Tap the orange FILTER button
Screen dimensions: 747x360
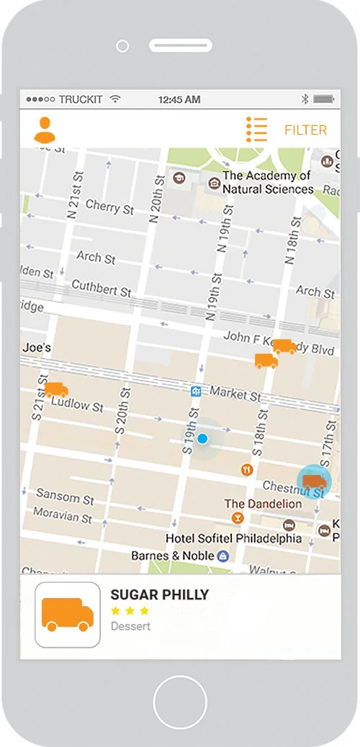pyautogui.click(x=305, y=130)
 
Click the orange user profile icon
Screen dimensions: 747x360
pyautogui.click(x=44, y=130)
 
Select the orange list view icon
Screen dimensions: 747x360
pyautogui.click(x=256, y=130)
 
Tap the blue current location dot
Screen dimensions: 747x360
pyautogui.click(x=202, y=438)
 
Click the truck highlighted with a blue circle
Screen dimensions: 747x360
pyautogui.click(x=314, y=481)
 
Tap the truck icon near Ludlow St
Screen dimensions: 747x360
pyautogui.click(x=56, y=389)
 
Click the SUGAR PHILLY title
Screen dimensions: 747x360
pyautogui.click(x=159, y=594)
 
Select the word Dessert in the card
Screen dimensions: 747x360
pyautogui.click(x=130, y=626)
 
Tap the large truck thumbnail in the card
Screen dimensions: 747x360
pyautogui.click(x=68, y=615)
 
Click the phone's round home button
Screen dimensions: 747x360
pyautogui.click(x=180, y=702)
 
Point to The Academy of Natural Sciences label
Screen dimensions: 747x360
pyautogui.click(x=267, y=182)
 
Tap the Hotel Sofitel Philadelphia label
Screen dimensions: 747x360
pyautogui.click(x=233, y=538)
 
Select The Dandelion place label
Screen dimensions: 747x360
pyautogui.click(x=263, y=504)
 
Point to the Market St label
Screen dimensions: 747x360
pyautogui.click(x=235, y=393)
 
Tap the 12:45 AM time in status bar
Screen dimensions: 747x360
pyautogui.click(x=180, y=99)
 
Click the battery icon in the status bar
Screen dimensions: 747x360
pyautogui.click(x=324, y=99)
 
